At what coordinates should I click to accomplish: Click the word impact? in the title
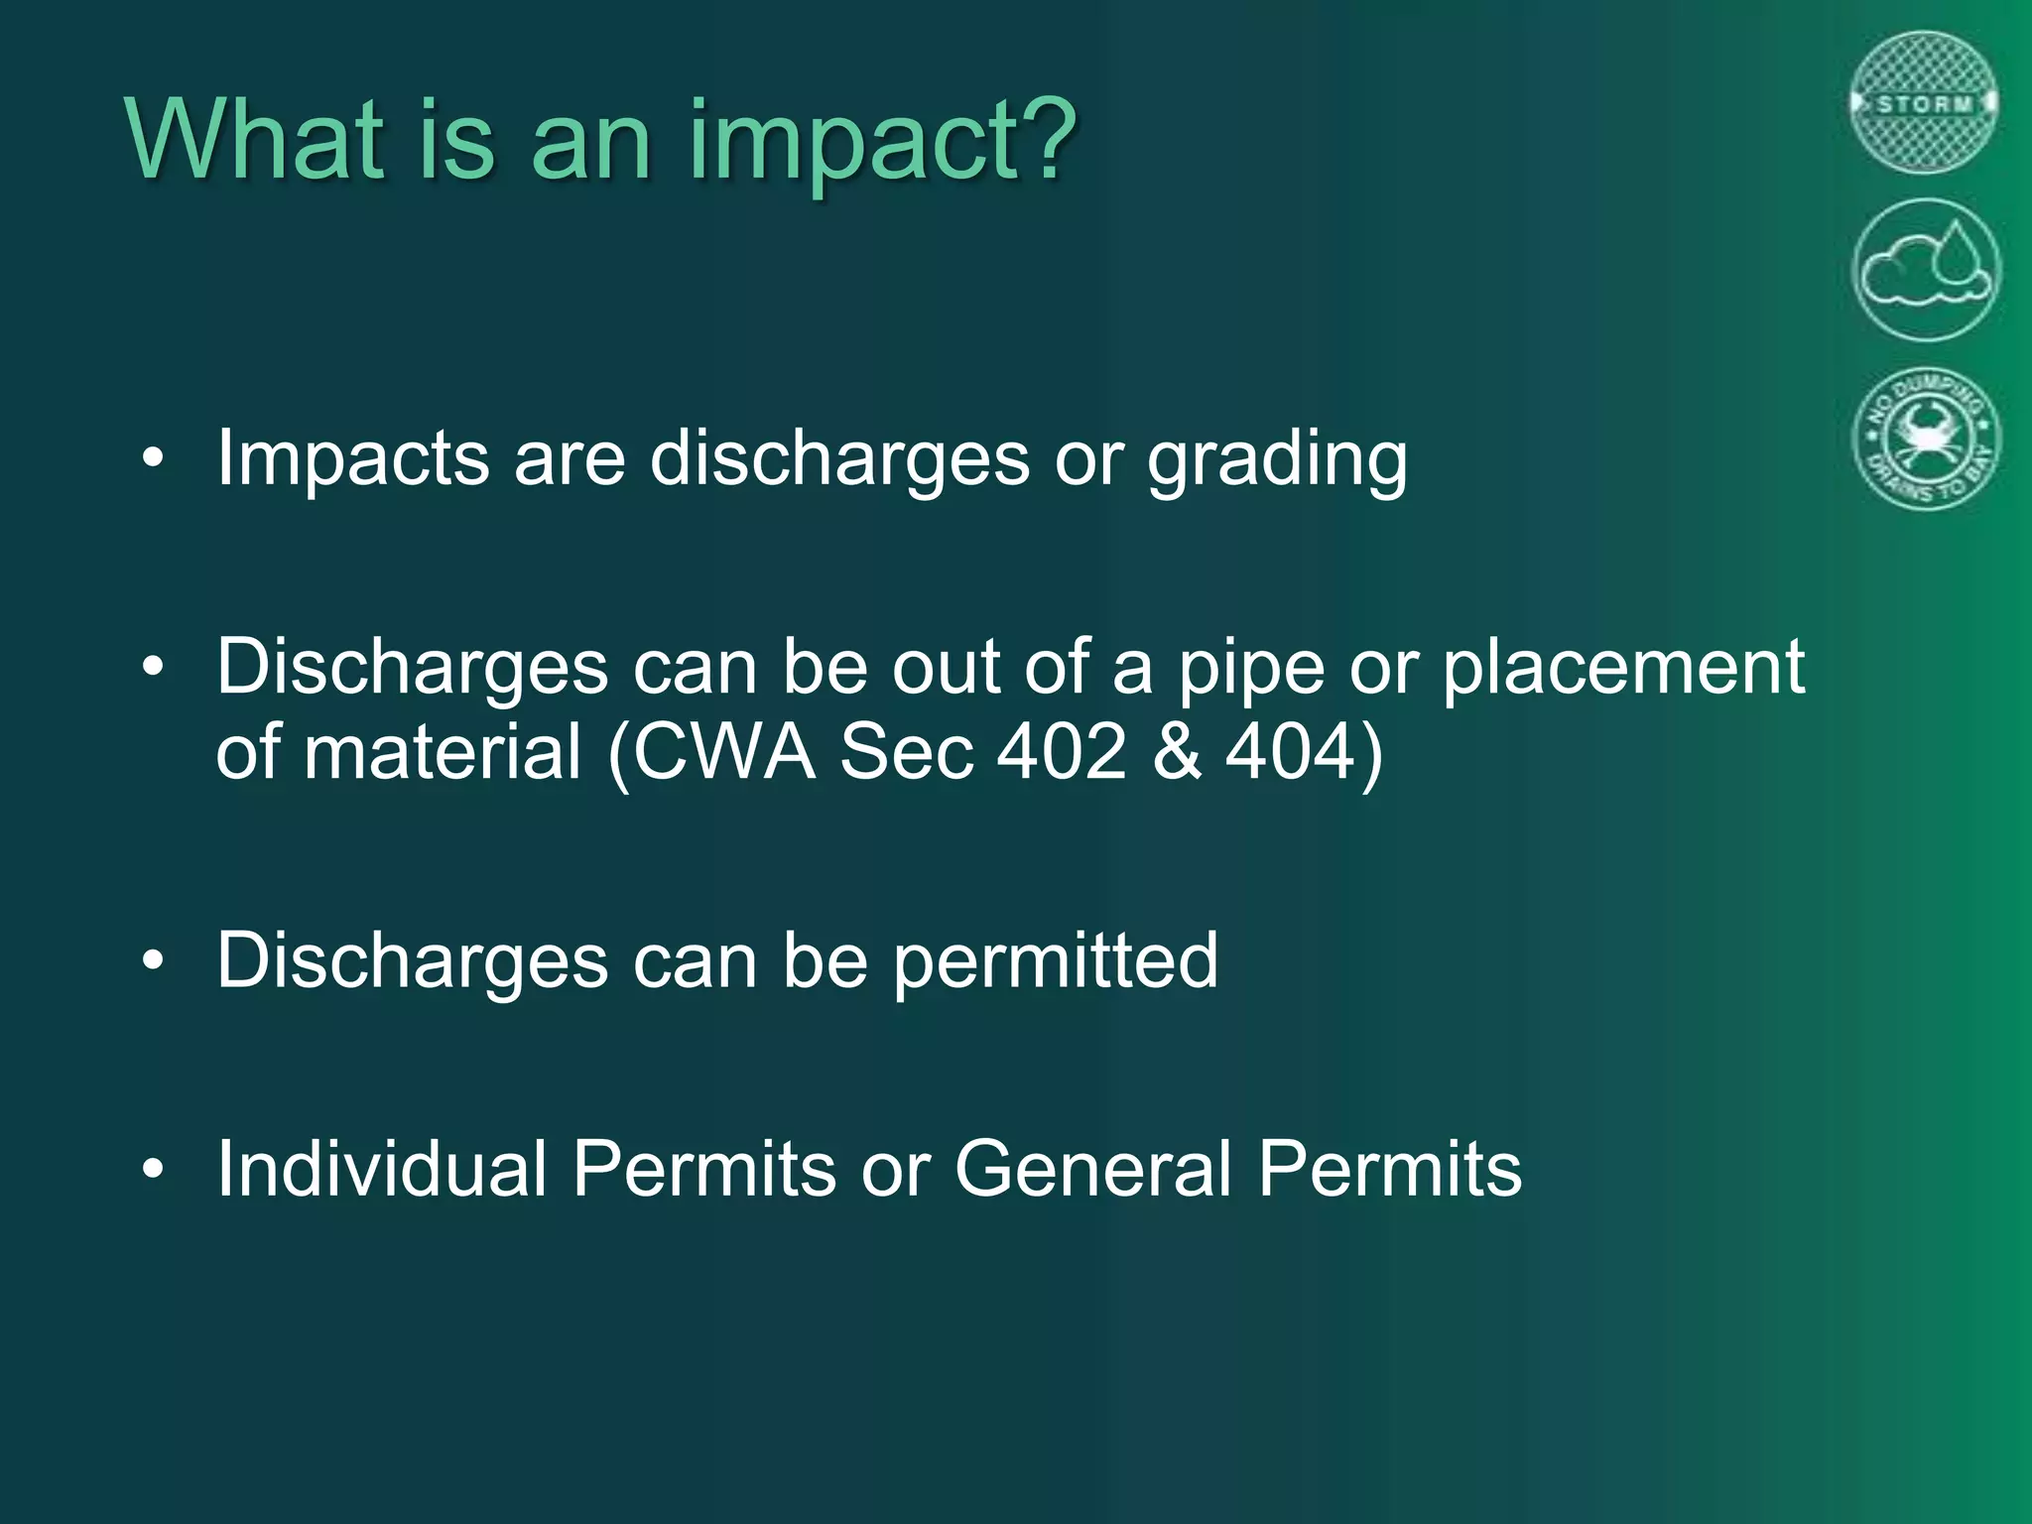(881, 141)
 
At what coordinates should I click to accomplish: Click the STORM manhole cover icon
(1924, 103)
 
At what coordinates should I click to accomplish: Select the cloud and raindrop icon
(1925, 270)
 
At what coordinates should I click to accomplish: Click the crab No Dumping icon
(1926, 438)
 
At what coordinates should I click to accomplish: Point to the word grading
(1277, 459)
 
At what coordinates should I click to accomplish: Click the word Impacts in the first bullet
(352, 459)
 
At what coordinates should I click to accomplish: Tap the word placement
(1623, 668)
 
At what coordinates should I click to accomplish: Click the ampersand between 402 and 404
(1177, 752)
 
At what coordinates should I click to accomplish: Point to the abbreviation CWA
(725, 752)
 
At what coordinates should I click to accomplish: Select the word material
(443, 752)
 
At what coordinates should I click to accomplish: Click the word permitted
(1055, 961)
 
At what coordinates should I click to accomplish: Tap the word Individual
(382, 1169)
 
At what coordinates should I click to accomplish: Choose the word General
(1092, 1169)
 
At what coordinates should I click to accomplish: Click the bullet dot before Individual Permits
(152, 1170)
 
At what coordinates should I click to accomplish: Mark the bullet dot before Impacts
(152, 459)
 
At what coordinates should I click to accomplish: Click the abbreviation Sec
(906, 752)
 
